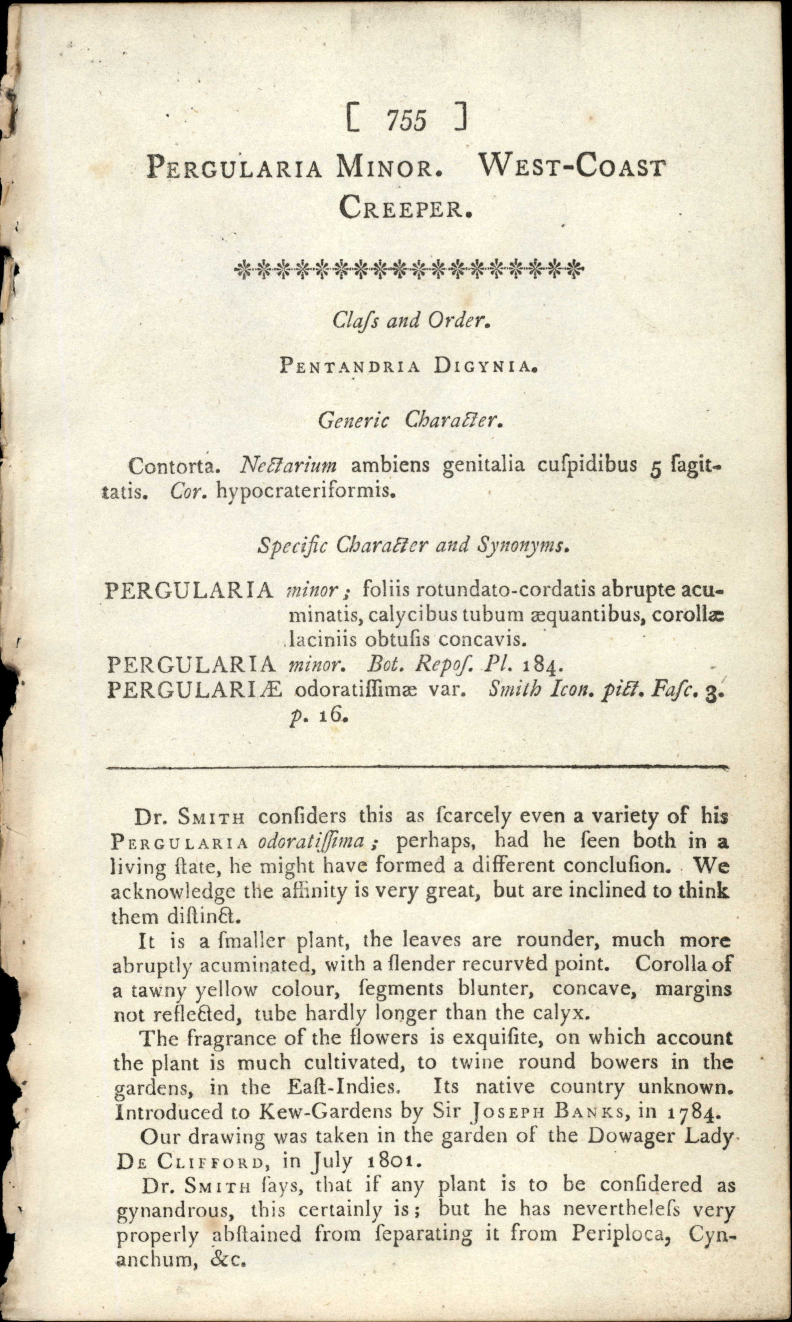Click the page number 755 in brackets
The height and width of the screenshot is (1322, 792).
pos(407,121)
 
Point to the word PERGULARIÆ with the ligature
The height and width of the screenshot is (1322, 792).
pos(194,690)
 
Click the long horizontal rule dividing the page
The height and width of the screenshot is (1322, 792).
pos(418,768)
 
